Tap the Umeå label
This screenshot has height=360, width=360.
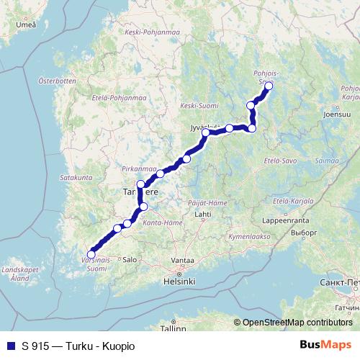(x=26, y=24)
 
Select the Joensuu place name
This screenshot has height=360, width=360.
(x=337, y=114)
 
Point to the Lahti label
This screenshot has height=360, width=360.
(x=202, y=215)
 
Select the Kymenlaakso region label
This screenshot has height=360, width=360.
(x=249, y=235)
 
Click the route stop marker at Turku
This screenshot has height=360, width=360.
(x=91, y=253)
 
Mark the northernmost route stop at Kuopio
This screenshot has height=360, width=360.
(x=269, y=86)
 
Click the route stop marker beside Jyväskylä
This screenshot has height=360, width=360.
(x=206, y=132)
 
